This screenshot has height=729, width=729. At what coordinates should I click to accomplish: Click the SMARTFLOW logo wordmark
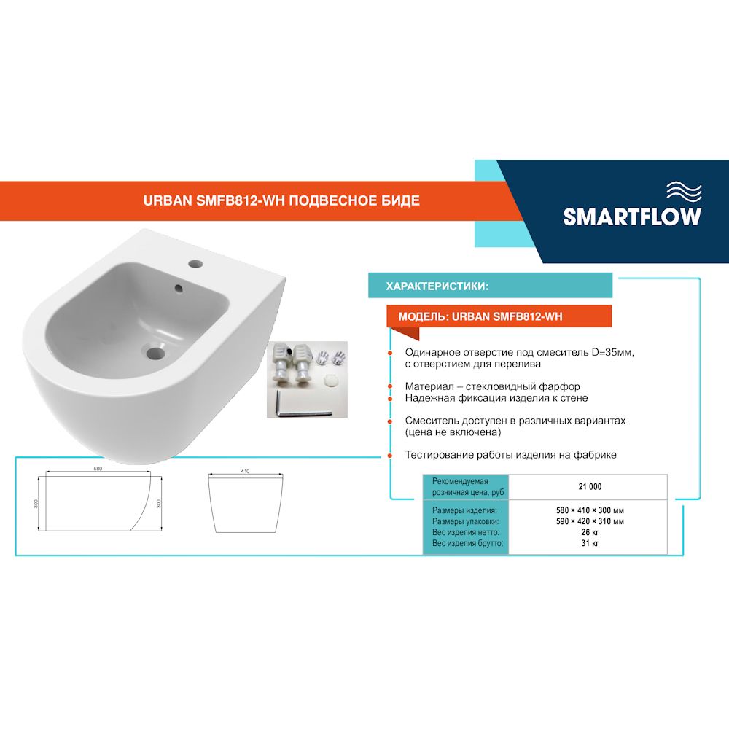pos(632,217)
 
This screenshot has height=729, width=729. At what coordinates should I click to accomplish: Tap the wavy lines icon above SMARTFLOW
pos(685,192)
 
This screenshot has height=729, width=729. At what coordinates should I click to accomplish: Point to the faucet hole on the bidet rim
pos(195,262)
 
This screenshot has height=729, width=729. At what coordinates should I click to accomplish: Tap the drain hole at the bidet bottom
pos(155,352)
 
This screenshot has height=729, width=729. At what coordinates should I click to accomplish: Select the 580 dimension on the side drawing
pos(98,469)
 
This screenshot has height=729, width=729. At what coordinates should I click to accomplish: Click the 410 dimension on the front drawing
pos(245,472)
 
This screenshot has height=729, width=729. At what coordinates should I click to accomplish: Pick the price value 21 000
pos(590,486)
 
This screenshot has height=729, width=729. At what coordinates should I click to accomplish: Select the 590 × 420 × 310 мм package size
pos(589,521)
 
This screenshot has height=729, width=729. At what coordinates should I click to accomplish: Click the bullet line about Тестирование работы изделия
pos(511,454)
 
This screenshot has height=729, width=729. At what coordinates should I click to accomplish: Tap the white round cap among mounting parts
pos(329,379)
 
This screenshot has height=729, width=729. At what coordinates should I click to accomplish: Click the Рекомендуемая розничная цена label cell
pos(465,486)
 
